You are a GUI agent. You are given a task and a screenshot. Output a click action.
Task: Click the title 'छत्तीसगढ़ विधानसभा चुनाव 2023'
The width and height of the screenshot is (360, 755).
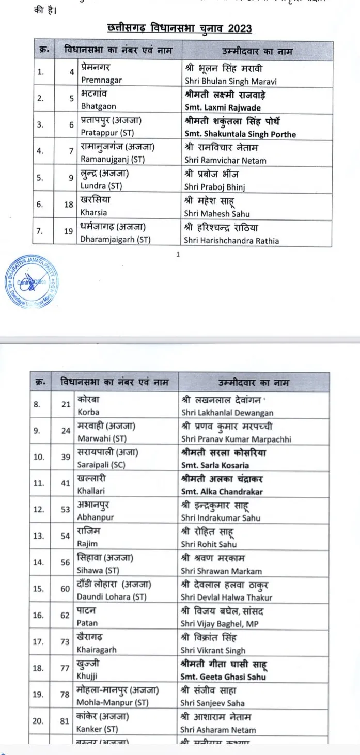coord(179,27)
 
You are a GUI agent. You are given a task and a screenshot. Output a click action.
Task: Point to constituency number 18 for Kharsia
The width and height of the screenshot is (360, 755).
coord(69,205)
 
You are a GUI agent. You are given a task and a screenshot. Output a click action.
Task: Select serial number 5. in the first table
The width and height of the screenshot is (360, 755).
coord(40,179)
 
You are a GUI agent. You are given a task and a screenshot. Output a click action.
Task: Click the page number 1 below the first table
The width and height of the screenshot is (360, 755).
coord(178,254)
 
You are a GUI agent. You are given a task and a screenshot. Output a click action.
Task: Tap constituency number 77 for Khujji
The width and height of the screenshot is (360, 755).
coord(65,668)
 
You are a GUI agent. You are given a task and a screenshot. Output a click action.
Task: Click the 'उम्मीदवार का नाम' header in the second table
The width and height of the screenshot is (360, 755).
coord(253,383)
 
